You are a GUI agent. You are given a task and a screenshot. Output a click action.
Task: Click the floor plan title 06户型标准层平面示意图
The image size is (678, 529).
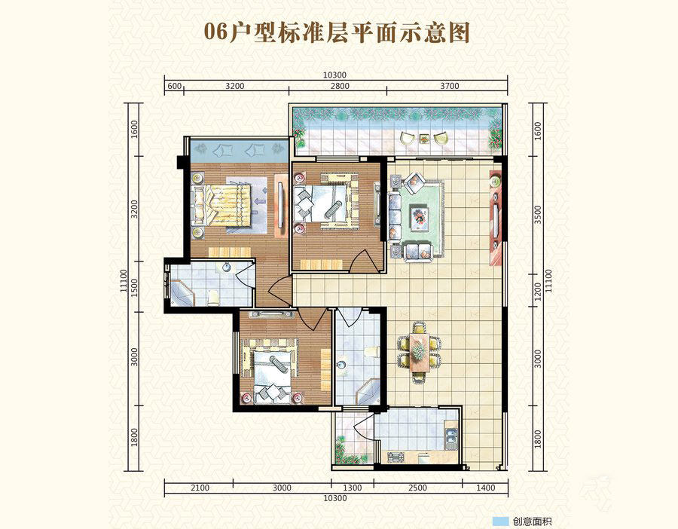(337, 32)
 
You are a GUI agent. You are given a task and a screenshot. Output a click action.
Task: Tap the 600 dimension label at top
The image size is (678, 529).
(174, 86)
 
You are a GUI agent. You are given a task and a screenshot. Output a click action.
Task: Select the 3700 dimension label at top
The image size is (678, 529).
(450, 86)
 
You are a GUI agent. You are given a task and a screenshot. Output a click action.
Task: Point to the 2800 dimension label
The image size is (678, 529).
(340, 86)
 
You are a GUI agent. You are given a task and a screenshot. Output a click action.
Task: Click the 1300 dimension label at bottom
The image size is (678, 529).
(352, 488)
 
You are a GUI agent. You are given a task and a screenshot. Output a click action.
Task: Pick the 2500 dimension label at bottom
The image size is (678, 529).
(417, 488)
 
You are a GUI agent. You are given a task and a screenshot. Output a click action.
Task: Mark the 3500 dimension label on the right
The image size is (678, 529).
(537, 215)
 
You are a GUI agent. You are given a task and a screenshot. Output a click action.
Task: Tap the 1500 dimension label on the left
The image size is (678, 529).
(134, 288)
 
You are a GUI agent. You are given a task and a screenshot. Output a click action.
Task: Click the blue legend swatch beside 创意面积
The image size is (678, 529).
(501, 521)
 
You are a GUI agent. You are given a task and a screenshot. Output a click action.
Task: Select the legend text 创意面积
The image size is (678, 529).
(533, 521)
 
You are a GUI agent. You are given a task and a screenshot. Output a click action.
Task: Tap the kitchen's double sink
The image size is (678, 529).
(451, 438)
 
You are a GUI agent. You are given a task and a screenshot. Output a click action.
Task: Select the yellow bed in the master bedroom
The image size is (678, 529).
(221, 205)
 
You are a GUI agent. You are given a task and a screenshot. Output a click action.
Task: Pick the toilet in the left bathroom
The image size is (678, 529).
(212, 298)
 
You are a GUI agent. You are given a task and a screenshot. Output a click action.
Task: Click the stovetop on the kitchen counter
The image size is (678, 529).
(395, 457)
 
